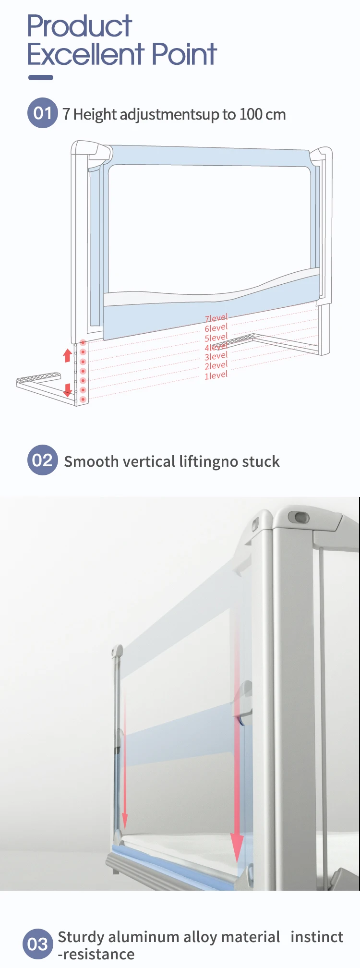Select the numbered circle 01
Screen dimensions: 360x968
point(43,113)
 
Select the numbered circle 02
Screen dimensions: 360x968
point(43,460)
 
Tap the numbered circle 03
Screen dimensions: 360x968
point(38,944)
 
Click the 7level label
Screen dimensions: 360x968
point(216,318)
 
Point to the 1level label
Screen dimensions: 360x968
point(216,375)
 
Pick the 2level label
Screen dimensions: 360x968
point(216,366)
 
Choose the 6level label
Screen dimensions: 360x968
point(216,328)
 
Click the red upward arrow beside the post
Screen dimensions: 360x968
point(68,355)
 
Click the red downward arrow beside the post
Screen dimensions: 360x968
point(68,390)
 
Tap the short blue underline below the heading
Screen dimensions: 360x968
point(41,78)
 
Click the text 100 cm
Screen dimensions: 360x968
point(263,115)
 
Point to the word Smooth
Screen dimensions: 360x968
point(91,461)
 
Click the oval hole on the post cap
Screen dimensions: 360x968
point(299,517)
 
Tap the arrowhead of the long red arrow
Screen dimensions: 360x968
point(237,849)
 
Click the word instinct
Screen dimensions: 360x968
point(317,937)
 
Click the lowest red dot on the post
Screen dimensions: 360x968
point(83,399)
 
